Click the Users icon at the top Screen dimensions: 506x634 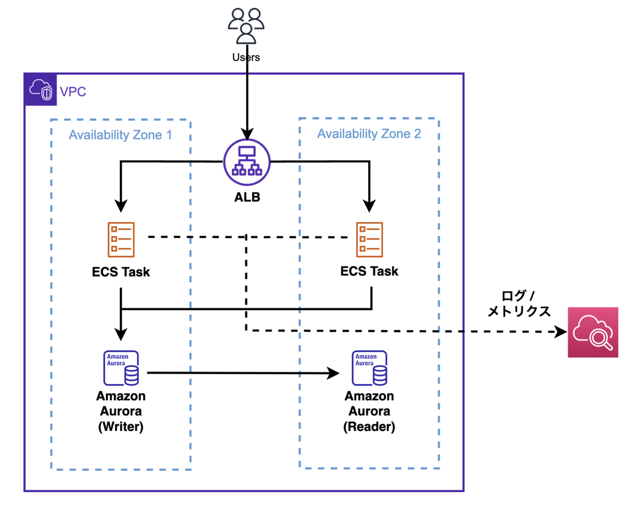click(x=246, y=26)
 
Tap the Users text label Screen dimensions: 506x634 click(x=246, y=57)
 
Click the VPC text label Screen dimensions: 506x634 click(x=73, y=92)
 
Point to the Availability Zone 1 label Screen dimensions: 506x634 click(x=120, y=135)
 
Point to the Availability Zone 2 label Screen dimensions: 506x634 click(x=369, y=134)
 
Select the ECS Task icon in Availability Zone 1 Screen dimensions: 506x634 click(x=122, y=238)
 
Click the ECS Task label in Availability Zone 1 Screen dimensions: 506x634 click(x=121, y=273)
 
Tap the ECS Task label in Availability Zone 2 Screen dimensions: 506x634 click(x=369, y=271)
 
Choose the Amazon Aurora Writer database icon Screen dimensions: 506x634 click(x=121, y=368)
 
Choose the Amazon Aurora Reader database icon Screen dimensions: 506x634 click(x=369, y=368)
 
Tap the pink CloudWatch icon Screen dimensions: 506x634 click(x=593, y=332)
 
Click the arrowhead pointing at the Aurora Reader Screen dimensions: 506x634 click(x=333, y=373)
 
